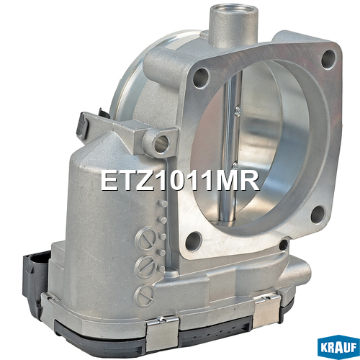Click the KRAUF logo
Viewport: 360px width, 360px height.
pyautogui.click(x=338, y=347)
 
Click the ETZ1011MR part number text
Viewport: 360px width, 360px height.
pyautogui.click(x=180, y=181)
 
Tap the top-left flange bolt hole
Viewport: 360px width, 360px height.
pyautogui.click(x=201, y=78)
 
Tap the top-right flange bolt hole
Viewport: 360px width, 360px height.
pyautogui.click(x=328, y=59)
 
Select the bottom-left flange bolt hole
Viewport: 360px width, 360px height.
pyautogui.click(x=194, y=240)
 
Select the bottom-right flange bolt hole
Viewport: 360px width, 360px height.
pyautogui.click(x=318, y=215)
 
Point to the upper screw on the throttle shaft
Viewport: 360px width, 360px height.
pyautogui.click(x=238, y=110)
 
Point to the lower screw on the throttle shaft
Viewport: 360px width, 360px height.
pyautogui.click(x=235, y=165)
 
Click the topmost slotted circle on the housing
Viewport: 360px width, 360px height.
pyautogui.click(x=145, y=238)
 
